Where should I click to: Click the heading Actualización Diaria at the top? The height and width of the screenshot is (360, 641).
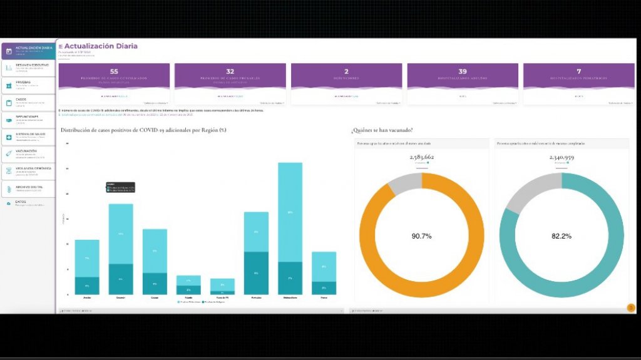pyautogui.click(x=100, y=46)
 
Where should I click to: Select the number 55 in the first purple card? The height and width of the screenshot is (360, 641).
pyautogui.click(x=114, y=72)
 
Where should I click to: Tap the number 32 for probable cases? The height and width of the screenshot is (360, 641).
pyautogui.click(x=230, y=72)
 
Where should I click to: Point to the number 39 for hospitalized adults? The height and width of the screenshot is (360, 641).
pyautogui.click(x=463, y=72)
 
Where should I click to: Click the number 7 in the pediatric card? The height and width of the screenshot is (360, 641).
pyautogui.click(x=579, y=72)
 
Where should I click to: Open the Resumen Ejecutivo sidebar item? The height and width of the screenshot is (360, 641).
pyautogui.click(x=28, y=67)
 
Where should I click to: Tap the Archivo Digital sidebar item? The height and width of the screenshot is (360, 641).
pyautogui.click(x=28, y=188)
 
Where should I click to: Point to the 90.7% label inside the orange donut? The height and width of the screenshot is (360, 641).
pyautogui.click(x=421, y=236)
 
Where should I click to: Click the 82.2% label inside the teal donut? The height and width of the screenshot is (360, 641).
pyautogui.click(x=561, y=236)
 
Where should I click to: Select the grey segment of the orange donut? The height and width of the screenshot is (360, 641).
pyautogui.click(x=404, y=183)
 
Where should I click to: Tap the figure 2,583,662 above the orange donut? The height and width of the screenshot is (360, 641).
pyautogui.click(x=421, y=157)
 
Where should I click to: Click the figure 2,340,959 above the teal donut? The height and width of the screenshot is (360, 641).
pyautogui.click(x=562, y=157)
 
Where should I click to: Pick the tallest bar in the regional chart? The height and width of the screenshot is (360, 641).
pyautogui.click(x=290, y=213)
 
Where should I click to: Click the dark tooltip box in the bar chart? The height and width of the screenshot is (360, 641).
pyautogui.click(x=120, y=187)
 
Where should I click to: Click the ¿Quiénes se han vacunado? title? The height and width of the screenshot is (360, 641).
pyautogui.click(x=382, y=130)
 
